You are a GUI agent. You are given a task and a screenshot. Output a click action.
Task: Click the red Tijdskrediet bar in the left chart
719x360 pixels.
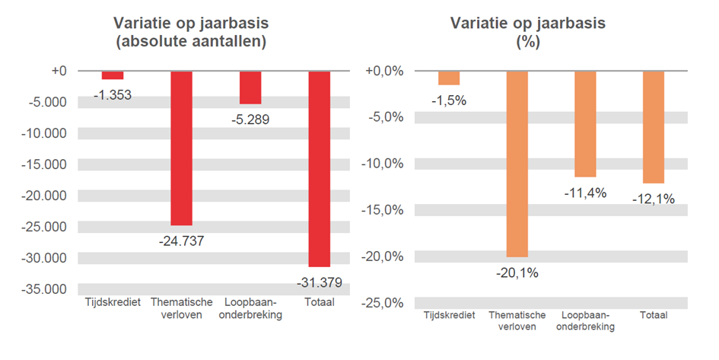point(113,75)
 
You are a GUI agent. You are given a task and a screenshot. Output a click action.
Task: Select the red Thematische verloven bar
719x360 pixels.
point(181,148)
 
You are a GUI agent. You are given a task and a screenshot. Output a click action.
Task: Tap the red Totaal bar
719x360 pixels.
point(319,168)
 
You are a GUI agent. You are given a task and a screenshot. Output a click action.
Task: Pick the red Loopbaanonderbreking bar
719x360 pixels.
point(250,87)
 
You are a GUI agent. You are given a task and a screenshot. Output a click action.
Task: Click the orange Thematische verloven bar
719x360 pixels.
point(517,164)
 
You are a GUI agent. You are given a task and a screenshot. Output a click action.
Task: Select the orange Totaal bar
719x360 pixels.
point(654,126)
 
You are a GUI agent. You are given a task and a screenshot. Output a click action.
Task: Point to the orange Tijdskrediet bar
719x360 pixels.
point(449,78)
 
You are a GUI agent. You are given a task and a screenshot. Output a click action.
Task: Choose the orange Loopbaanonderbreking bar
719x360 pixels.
point(585,123)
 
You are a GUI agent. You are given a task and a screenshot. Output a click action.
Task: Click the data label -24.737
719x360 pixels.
point(181,241)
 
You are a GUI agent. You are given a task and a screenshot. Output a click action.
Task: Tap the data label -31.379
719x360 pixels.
point(319,283)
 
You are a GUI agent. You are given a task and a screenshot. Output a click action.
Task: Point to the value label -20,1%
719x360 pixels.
point(517,272)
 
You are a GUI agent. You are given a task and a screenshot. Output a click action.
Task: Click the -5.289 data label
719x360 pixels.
point(250,119)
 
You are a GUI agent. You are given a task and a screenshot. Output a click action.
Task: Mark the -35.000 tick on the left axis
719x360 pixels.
point(46,289)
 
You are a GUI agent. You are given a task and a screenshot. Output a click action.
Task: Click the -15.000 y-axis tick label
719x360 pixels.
point(46,164)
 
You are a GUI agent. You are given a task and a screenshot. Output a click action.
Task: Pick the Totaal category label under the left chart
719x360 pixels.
point(319,303)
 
